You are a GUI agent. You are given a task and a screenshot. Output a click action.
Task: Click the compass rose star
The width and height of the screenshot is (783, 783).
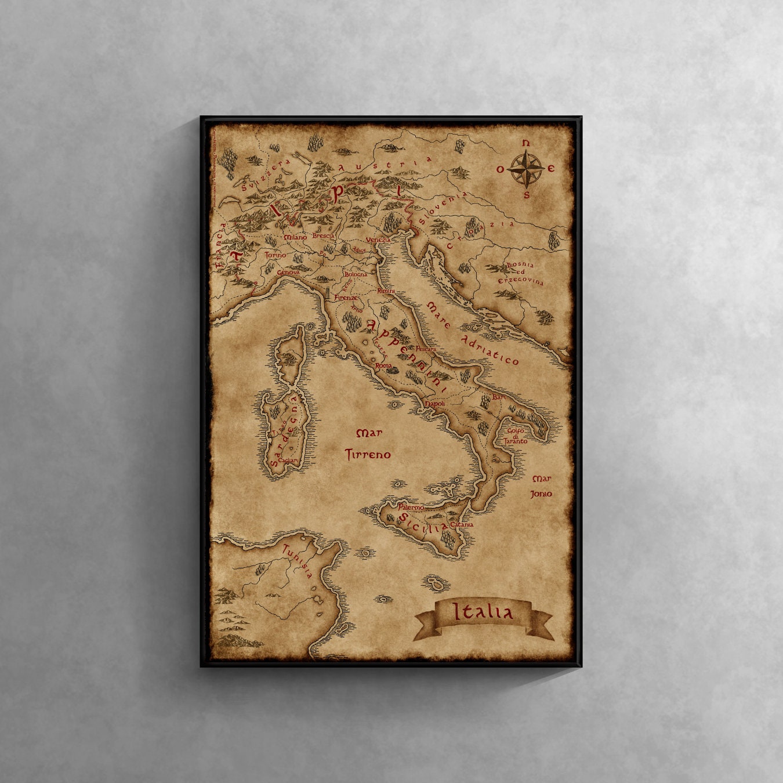525,169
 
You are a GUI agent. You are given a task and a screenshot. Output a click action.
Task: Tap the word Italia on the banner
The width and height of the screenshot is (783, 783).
483,612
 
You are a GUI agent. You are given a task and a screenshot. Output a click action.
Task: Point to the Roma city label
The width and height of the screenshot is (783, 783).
383,366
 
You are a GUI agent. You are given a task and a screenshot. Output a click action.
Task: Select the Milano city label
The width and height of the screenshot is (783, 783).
295,237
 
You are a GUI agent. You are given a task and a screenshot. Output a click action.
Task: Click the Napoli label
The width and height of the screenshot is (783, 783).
435,404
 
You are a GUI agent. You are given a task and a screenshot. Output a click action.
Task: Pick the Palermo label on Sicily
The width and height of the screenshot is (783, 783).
411,507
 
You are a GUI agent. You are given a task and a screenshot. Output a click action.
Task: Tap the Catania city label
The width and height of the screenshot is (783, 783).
462,524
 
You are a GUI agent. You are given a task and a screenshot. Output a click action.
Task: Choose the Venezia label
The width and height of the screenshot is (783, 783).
378,240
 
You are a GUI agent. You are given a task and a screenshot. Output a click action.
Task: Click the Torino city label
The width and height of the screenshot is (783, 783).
275,255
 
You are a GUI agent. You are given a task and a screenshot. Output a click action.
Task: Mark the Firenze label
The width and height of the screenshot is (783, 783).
346,298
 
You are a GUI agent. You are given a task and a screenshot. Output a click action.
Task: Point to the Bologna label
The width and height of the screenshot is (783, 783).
356,274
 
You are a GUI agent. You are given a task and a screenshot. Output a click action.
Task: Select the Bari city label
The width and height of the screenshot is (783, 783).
499,397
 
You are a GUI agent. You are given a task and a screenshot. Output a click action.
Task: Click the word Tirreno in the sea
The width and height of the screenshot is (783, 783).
368,455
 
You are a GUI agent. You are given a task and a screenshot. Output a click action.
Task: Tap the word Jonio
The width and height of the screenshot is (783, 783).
541,494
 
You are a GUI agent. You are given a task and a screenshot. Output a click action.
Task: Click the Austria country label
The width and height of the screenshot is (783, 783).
385,164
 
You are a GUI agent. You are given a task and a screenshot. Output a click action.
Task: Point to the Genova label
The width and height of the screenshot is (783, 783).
288,272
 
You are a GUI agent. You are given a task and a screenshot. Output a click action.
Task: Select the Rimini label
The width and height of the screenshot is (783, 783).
386,291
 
